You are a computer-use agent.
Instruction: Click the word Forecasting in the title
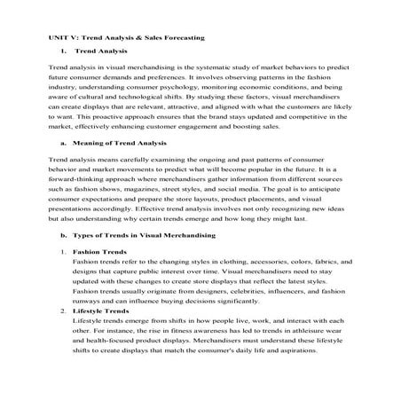pyautogui.click(x=185, y=39)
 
